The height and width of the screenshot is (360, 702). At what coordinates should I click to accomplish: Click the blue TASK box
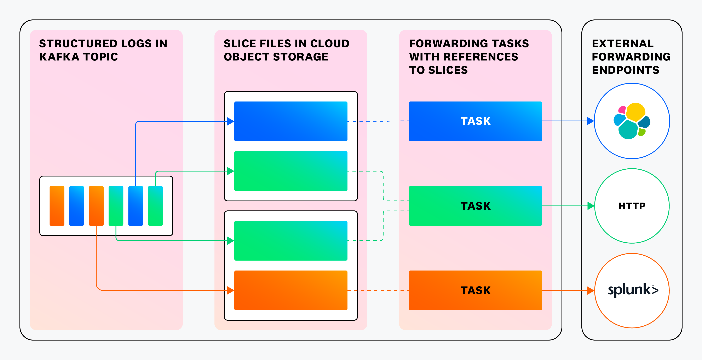[x=475, y=121]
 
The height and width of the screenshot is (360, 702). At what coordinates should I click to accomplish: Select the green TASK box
[x=475, y=206]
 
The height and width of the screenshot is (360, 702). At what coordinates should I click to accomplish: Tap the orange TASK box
[x=475, y=290]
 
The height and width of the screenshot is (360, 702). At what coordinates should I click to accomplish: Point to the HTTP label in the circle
[x=632, y=206]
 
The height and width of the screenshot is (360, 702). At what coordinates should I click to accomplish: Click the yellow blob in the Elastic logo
[x=636, y=112]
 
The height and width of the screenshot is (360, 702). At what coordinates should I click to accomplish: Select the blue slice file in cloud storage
[x=291, y=121]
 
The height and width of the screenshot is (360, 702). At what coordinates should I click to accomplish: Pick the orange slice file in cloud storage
[x=291, y=290]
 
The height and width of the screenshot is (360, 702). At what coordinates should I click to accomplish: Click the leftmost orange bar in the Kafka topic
[x=57, y=206]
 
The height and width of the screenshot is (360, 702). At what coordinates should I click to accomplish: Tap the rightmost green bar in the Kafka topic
[x=155, y=206]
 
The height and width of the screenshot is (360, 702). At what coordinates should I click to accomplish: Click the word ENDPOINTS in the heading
[x=625, y=70]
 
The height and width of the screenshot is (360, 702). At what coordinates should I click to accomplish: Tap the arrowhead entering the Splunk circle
[x=591, y=291]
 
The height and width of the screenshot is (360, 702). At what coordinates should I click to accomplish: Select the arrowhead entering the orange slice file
[x=231, y=291]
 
